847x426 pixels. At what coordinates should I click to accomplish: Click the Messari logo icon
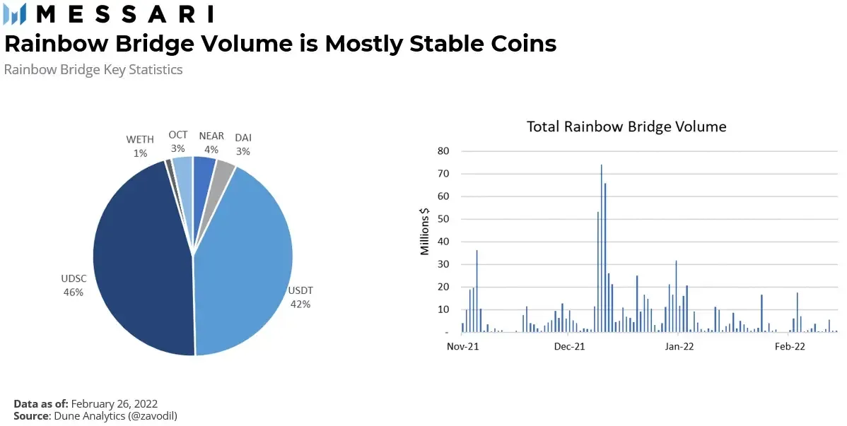coord(15,13)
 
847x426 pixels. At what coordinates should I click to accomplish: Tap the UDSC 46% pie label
coord(73,285)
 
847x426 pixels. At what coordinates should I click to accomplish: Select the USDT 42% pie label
coord(300,297)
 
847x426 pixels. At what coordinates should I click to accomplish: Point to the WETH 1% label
coord(140,146)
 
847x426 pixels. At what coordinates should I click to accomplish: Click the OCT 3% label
coord(178,141)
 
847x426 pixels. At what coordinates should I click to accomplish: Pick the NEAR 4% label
coord(211,142)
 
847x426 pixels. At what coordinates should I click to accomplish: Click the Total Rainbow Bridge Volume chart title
coord(626,126)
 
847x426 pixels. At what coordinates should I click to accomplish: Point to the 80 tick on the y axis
coord(443,150)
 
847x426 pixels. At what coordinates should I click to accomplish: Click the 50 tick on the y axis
coord(443,219)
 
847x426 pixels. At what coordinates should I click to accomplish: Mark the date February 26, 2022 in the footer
coord(115,403)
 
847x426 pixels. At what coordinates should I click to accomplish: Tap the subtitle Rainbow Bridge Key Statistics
coord(93,69)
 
